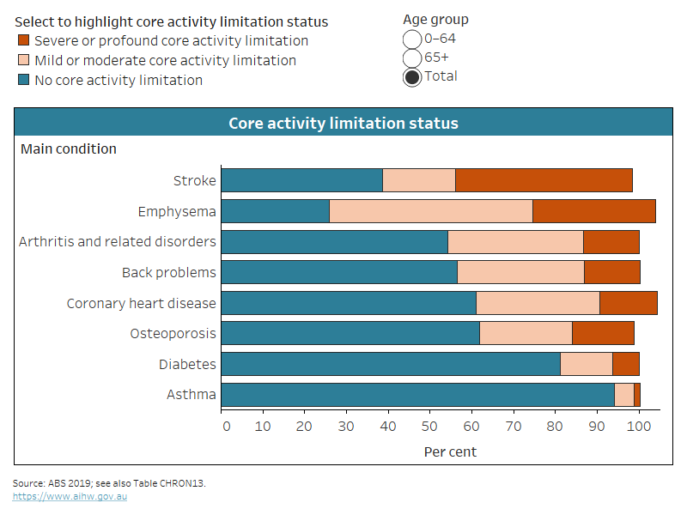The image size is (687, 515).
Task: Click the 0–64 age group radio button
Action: point(412,39)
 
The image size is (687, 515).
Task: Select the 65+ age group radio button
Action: point(412,58)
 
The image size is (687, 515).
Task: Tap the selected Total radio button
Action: point(412,76)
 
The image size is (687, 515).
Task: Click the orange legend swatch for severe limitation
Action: point(23,41)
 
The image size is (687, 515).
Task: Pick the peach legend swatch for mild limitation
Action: point(23,61)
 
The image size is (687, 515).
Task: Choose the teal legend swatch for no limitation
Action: point(23,81)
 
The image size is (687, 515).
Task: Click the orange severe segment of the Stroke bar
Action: point(544,180)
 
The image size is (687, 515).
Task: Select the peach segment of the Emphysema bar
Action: point(430,211)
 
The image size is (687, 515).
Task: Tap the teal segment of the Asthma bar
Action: point(417,395)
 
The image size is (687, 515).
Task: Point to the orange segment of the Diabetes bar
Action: point(625,364)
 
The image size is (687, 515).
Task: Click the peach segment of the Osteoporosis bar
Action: point(526,333)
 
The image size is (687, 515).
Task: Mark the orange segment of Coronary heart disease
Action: point(628,303)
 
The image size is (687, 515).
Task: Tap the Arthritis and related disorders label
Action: point(118,242)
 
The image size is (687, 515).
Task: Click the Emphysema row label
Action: point(177,211)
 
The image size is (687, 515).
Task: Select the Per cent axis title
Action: point(449,451)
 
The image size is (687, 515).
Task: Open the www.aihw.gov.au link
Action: point(70,497)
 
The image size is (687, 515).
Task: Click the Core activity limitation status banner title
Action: point(343,124)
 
